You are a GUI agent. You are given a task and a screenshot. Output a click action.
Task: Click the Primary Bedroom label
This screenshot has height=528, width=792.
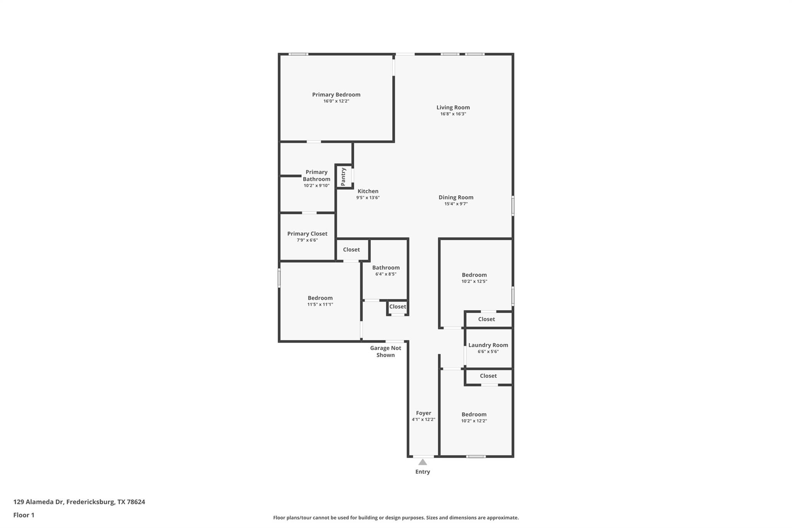tap(336, 95)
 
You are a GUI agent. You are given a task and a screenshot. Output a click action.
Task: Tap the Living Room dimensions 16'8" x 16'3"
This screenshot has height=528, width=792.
tap(453, 114)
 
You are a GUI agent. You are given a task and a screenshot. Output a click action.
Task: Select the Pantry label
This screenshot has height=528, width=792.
tap(343, 176)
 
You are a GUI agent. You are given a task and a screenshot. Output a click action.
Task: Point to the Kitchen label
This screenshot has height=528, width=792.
tap(368, 191)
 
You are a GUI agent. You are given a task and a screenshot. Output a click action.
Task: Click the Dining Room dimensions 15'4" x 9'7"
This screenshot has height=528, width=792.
tap(456, 204)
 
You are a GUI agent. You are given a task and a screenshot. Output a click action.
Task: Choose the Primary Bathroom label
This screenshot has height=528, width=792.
tap(316, 176)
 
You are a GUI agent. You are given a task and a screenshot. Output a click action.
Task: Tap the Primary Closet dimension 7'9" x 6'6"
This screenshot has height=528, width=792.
tap(307, 240)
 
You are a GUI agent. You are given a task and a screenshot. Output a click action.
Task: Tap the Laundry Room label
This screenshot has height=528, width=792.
tap(488, 345)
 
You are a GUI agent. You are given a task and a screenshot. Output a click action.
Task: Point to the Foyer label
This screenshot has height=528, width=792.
tap(423, 413)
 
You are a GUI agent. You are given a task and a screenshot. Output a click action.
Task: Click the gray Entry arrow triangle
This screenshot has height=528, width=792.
tap(423, 462)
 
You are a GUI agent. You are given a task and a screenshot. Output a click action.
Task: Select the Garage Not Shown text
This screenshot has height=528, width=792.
tap(386, 351)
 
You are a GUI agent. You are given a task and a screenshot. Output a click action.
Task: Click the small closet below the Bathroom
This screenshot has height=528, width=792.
tap(398, 307)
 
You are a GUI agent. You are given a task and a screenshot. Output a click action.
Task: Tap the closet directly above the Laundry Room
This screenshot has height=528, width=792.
tap(486, 319)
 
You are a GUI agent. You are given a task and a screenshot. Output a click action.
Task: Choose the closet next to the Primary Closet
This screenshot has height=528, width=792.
tap(351, 250)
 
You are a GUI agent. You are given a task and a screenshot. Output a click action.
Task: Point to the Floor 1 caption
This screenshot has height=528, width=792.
tap(24, 515)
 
